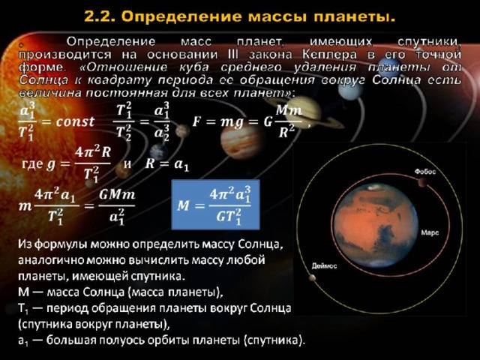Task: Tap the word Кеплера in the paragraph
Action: [x=330, y=55]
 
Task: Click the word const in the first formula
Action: [x=75, y=121]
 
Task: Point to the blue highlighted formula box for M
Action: [x=215, y=205]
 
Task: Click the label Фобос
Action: [x=425, y=172]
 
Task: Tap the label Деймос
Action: [x=324, y=265]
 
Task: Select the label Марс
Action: [x=430, y=232]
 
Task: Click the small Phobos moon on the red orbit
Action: [x=423, y=182]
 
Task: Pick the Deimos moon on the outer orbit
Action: [x=312, y=277]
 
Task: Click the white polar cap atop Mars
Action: [x=373, y=187]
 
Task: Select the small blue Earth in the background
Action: [x=159, y=152]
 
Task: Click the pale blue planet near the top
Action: [x=351, y=88]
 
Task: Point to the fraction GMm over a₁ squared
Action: [x=117, y=207]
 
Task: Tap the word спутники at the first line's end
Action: [x=429, y=42]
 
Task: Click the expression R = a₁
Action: [x=166, y=164]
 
